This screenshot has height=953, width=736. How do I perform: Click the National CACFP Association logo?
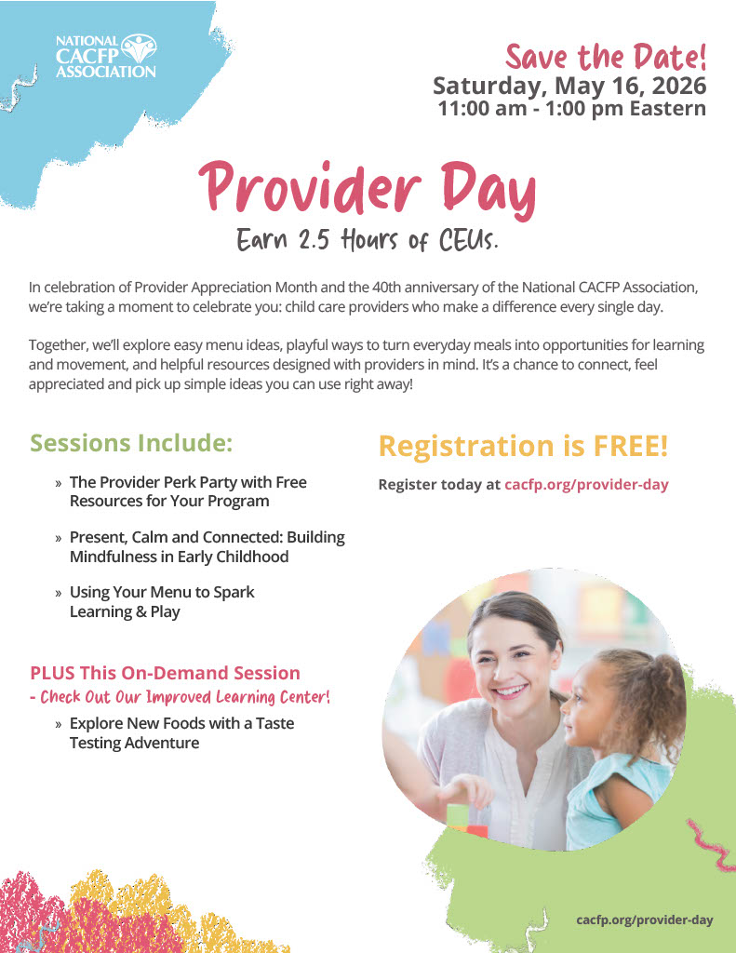[x=106, y=56]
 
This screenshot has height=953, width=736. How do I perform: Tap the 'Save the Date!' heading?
[x=606, y=57]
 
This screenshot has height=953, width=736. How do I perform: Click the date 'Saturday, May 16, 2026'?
[x=569, y=86]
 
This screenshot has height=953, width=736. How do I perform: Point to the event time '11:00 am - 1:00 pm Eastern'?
[x=571, y=108]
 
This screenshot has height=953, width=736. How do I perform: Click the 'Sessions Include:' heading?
[x=131, y=443]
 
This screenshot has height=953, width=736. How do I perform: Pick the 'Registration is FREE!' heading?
[x=523, y=446]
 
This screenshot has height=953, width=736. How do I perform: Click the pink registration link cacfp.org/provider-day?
[x=586, y=484]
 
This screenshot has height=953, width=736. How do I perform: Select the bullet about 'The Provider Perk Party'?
[x=187, y=491]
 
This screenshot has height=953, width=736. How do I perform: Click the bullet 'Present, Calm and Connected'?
[x=207, y=546]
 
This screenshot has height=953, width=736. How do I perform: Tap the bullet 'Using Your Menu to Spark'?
[x=162, y=601]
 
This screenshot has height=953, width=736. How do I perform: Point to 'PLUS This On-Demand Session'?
[x=165, y=673]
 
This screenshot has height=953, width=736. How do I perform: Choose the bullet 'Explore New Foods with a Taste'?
[x=181, y=732]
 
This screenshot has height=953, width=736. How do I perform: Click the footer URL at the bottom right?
[x=644, y=919]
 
